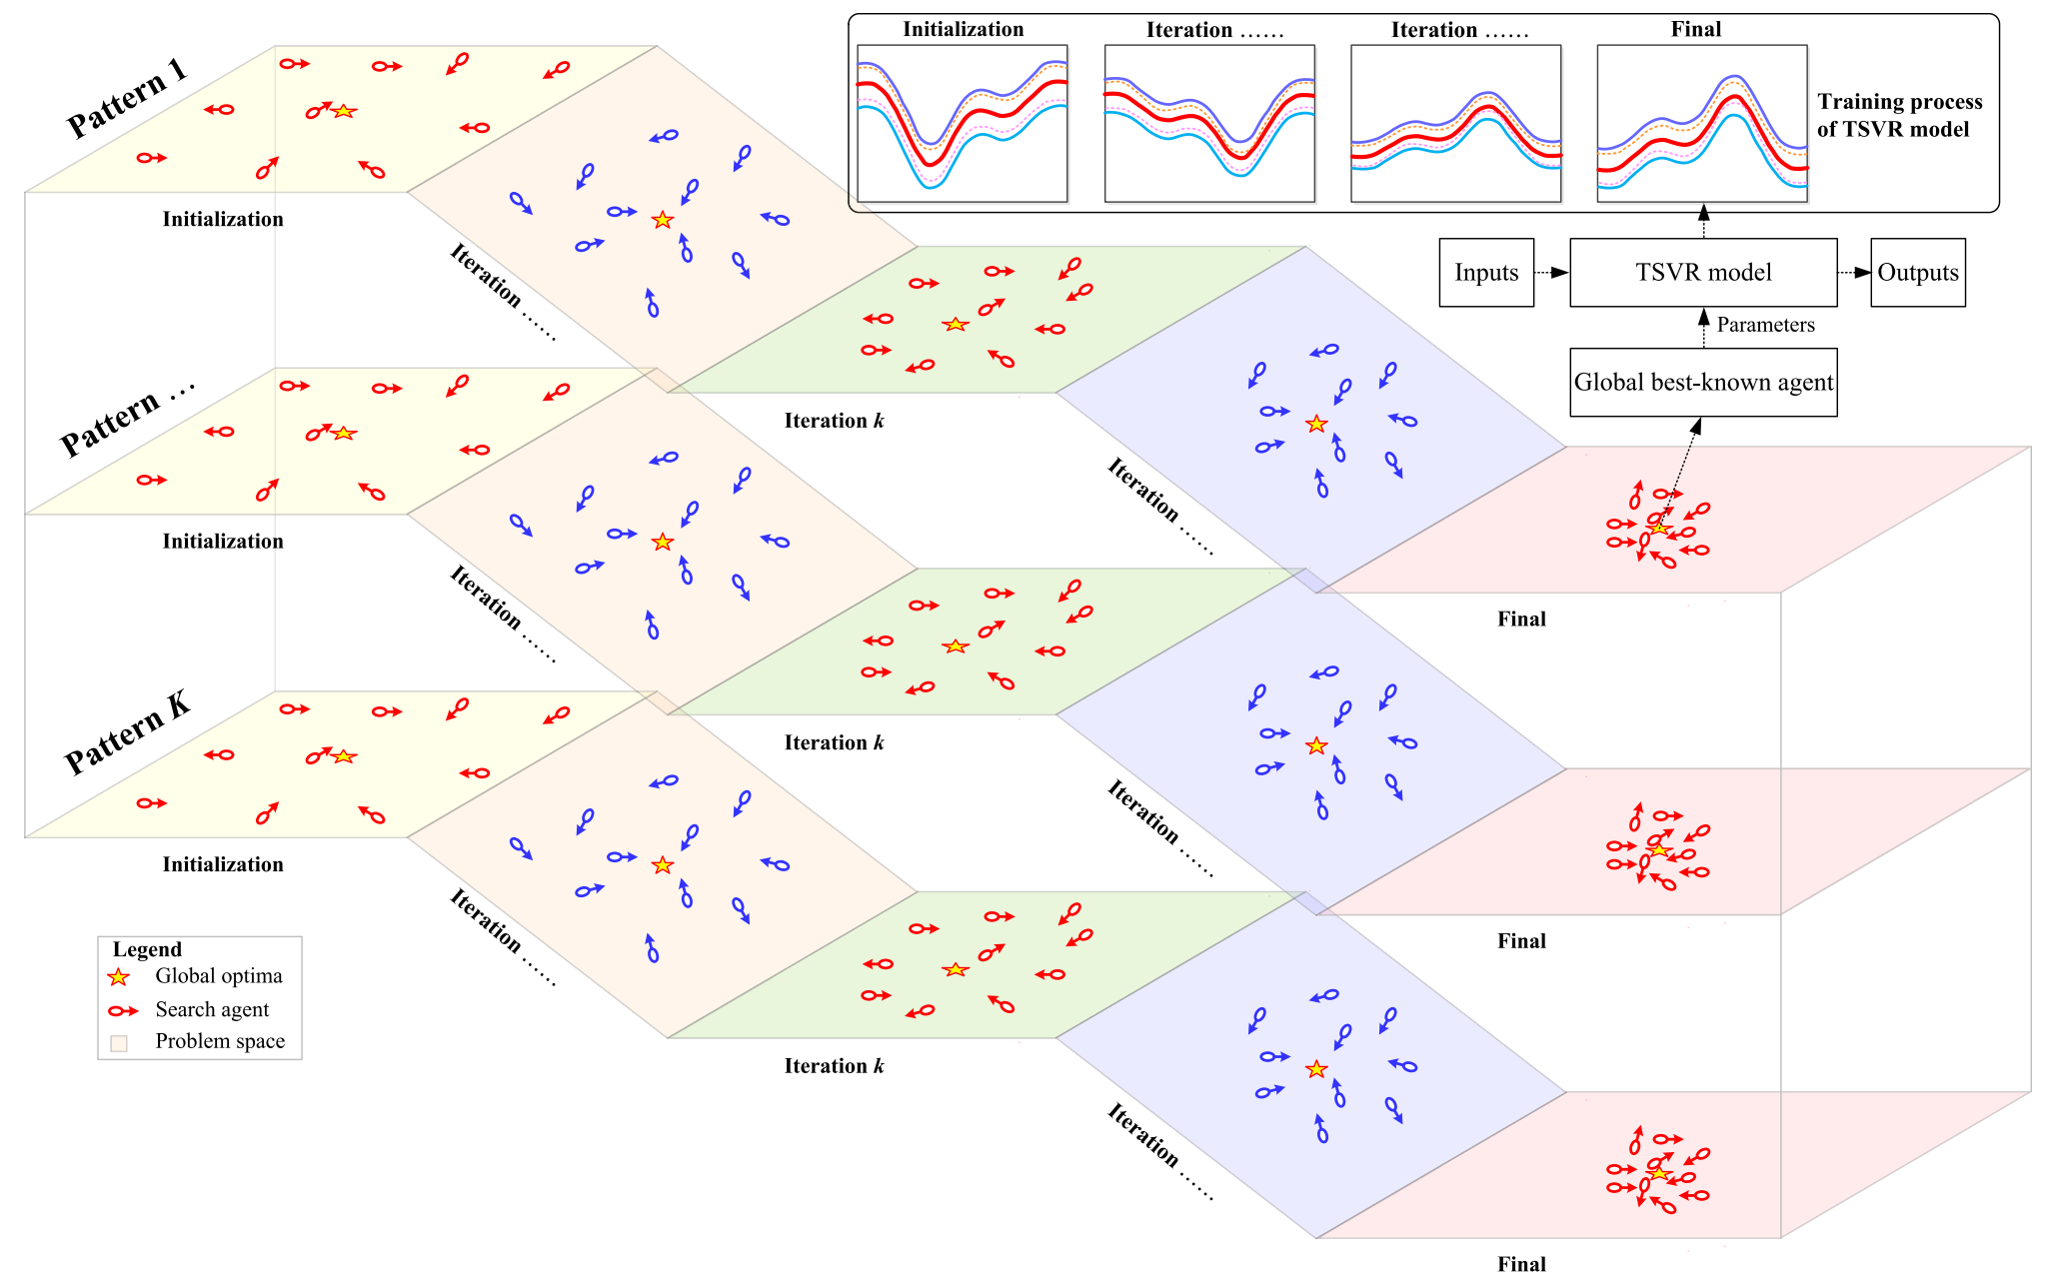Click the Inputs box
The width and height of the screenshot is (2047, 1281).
[x=1486, y=272]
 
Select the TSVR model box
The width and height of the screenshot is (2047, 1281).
[x=1703, y=272]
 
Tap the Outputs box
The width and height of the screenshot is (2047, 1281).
[x=1917, y=272]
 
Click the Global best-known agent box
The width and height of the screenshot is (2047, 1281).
[x=1703, y=382]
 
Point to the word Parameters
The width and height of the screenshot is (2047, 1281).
[x=1765, y=325]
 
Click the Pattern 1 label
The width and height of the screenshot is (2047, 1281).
[x=127, y=98]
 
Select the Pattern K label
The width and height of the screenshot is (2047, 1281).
[x=127, y=733]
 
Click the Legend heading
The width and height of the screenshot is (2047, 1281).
[x=147, y=949]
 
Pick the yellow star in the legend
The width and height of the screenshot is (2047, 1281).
[x=119, y=976]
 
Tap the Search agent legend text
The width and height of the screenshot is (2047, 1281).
[x=212, y=1009]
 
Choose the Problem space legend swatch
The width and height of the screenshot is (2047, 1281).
[x=119, y=1043]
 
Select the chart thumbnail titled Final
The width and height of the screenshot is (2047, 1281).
[x=1701, y=123]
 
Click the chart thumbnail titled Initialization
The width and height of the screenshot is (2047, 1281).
[x=963, y=123]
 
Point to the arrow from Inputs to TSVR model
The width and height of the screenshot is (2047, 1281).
[x=1551, y=273]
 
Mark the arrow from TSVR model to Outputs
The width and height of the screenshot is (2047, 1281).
[x=1854, y=273]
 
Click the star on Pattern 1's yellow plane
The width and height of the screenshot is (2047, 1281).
[x=344, y=111]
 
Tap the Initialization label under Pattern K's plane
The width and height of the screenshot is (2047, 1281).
[x=223, y=864]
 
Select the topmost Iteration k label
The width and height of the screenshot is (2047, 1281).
[x=834, y=421]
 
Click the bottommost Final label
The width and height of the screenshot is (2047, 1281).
[x=1521, y=1264]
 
